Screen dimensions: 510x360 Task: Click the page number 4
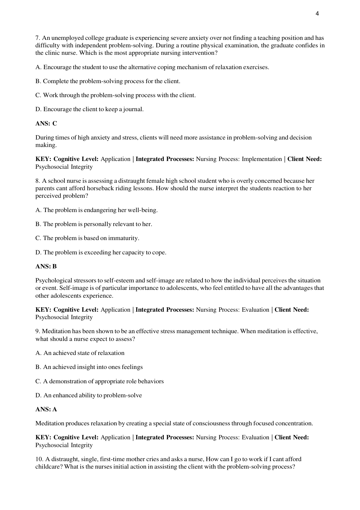[x=317, y=13]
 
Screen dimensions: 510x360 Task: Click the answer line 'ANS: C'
[x=46, y=124]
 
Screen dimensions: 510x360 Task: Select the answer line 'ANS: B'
[x=46, y=267]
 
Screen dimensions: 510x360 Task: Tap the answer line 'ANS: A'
[x=46, y=409]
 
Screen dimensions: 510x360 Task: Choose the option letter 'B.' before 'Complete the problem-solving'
[x=38, y=81]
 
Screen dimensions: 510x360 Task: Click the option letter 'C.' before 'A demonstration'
[x=38, y=381]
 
